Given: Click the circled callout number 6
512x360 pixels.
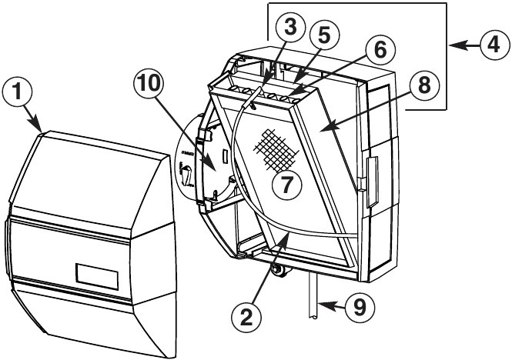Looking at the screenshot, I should pos(379,52).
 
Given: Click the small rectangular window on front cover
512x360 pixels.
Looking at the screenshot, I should pos(96,275).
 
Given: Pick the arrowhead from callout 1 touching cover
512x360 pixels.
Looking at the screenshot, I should pos(39,131).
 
